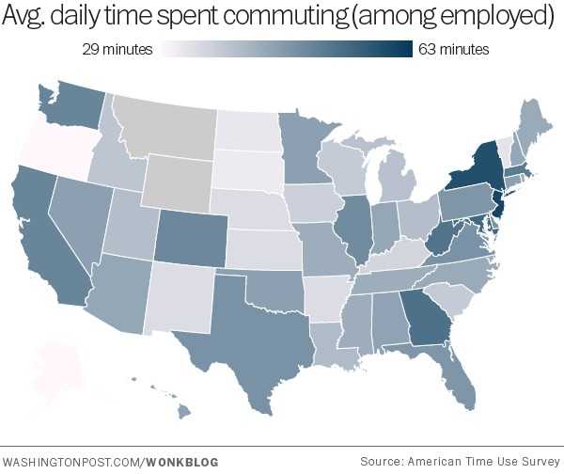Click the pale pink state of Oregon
(47, 141)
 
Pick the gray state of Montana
(164, 127)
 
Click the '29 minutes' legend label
(116, 49)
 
